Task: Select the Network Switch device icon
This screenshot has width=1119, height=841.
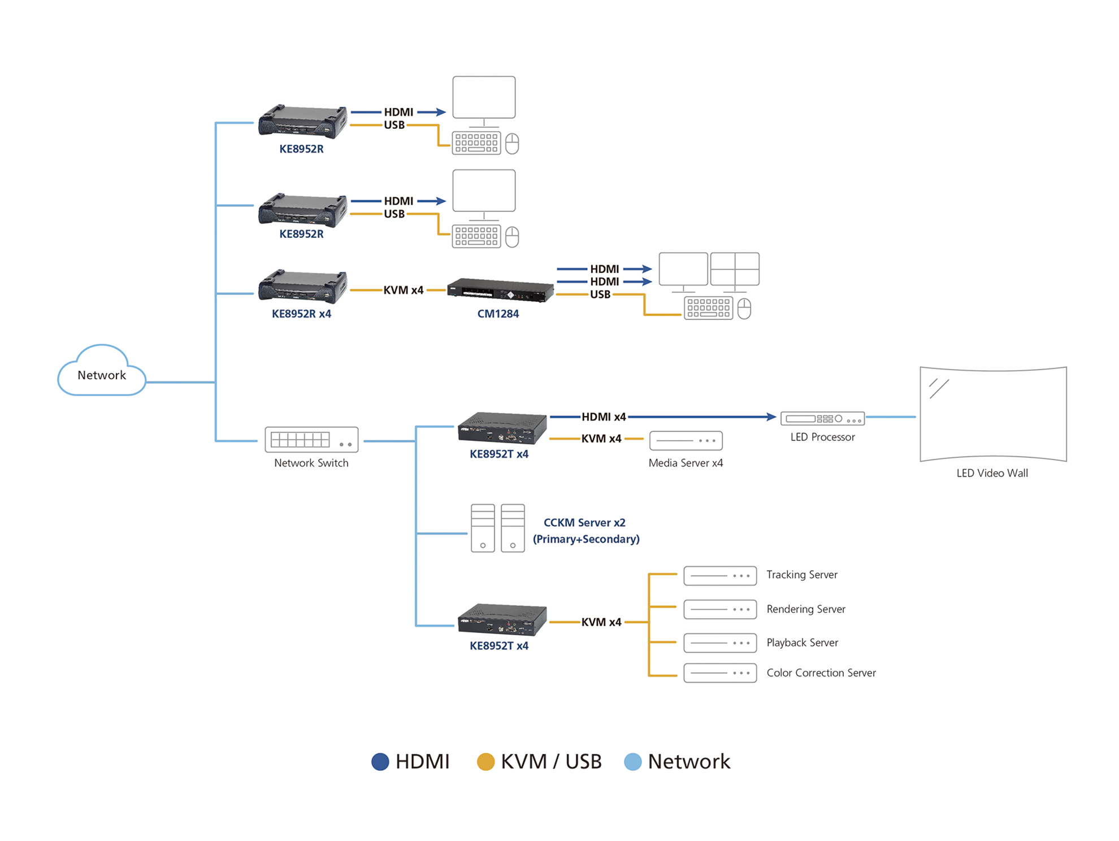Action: pos(311,440)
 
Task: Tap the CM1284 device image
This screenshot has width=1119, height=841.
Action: pos(500,291)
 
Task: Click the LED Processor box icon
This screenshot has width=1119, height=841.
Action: pos(822,419)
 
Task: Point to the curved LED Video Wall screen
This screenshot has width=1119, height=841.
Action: pos(993,414)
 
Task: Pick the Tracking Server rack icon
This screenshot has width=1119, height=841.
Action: pos(720,576)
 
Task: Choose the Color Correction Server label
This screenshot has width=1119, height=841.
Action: pos(821,673)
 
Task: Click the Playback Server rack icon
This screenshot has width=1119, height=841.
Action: pos(720,643)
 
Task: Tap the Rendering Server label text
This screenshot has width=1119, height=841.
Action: pos(805,609)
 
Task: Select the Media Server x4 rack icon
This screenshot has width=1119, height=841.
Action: pos(686,440)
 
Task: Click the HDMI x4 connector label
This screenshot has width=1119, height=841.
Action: pos(603,417)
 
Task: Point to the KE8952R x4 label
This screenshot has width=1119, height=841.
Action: pos(301,314)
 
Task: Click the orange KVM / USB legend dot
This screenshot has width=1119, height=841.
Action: pos(485,762)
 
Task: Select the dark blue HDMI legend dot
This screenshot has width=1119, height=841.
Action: pos(380,762)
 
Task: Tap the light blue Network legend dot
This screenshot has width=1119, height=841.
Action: pos(632,762)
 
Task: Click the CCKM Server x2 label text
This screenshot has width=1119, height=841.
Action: pos(584,523)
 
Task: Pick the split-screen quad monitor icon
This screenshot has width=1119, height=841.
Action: pos(734,270)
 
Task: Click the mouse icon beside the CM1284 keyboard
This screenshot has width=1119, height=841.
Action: pos(744,309)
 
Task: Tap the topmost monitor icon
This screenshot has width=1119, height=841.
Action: pos(484,98)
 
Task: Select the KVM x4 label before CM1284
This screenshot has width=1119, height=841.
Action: pos(403,291)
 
